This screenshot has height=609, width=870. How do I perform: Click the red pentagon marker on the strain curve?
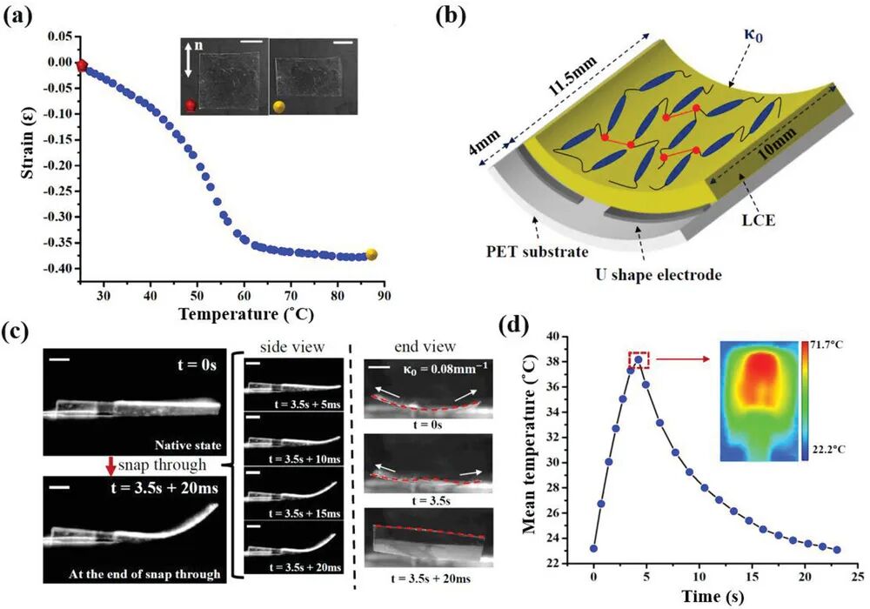click(82, 65)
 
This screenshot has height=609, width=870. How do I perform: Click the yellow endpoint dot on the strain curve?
click(371, 255)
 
